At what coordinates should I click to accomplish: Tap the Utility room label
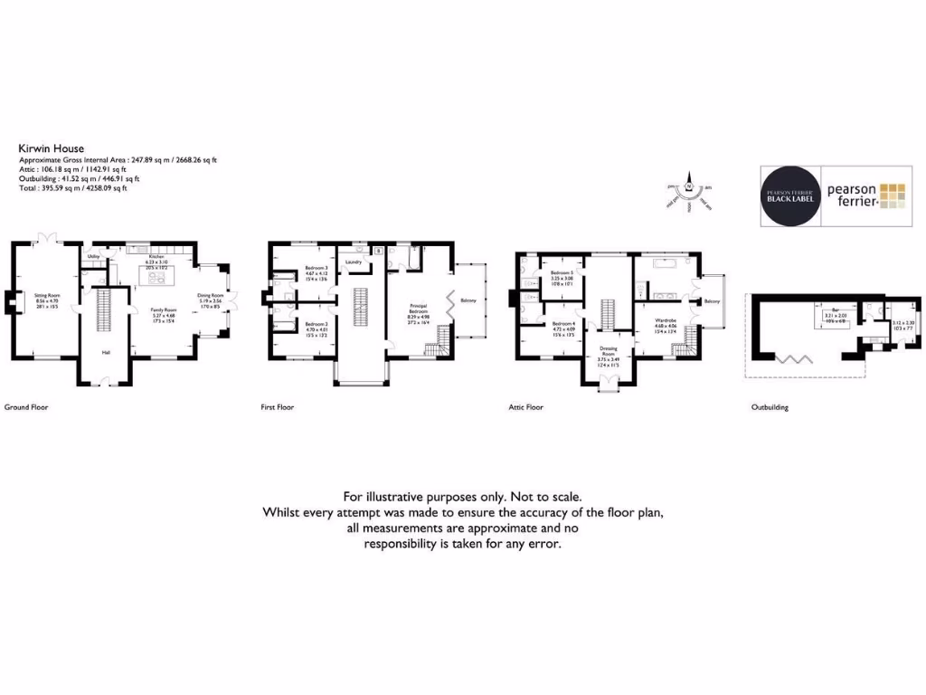point(92,257)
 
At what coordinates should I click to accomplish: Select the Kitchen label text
point(155,256)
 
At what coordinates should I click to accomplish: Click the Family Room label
point(163,309)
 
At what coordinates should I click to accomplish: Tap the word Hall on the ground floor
point(106,353)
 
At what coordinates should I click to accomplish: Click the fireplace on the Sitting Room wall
point(10,302)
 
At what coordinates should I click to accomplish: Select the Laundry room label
point(353,262)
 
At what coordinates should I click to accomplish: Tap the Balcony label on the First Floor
point(468,300)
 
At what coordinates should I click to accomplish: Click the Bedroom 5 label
point(562,272)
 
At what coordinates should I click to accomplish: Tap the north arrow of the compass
point(688,178)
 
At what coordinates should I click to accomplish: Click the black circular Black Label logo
point(790,196)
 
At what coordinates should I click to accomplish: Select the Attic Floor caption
point(525,407)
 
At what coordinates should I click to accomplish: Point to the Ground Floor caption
point(26,407)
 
